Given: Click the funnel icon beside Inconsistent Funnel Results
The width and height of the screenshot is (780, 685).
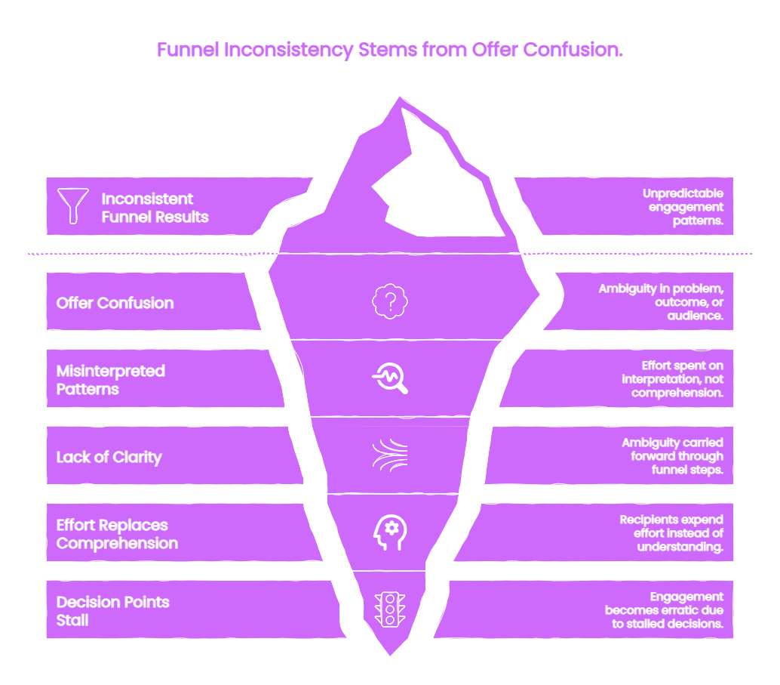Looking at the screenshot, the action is (72, 205).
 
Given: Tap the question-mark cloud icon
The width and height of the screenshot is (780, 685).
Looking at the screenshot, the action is (390, 301).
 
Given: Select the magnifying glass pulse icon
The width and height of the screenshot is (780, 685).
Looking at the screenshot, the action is (390, 378).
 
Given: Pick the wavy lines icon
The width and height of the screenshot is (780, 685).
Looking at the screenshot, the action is (390, 455).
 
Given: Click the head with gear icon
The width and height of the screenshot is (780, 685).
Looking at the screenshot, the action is (390, 532).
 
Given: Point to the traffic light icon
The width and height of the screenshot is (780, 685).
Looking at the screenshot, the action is (390, 609).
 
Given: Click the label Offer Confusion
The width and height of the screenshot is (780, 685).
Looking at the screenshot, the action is (115, 303).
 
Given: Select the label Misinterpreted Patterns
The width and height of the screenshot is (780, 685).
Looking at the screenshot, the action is (110, 380).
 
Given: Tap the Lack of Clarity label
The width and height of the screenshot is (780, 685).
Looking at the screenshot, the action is (109, 458).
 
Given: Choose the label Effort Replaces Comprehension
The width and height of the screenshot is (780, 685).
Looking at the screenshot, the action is (117, 534).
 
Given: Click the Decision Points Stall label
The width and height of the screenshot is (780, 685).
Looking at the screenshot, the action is (113, 611).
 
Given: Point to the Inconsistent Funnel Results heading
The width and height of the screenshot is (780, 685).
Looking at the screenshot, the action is (155, 208).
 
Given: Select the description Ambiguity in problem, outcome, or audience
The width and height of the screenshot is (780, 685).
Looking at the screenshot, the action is (661, 302).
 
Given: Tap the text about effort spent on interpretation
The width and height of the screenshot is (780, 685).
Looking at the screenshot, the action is (673, 379).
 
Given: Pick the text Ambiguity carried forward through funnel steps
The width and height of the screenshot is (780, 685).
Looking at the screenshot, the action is (673, 456).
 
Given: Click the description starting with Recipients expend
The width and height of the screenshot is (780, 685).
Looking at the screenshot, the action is (671, 533).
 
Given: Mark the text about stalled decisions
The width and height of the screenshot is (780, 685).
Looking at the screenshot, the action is (664, 609).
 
